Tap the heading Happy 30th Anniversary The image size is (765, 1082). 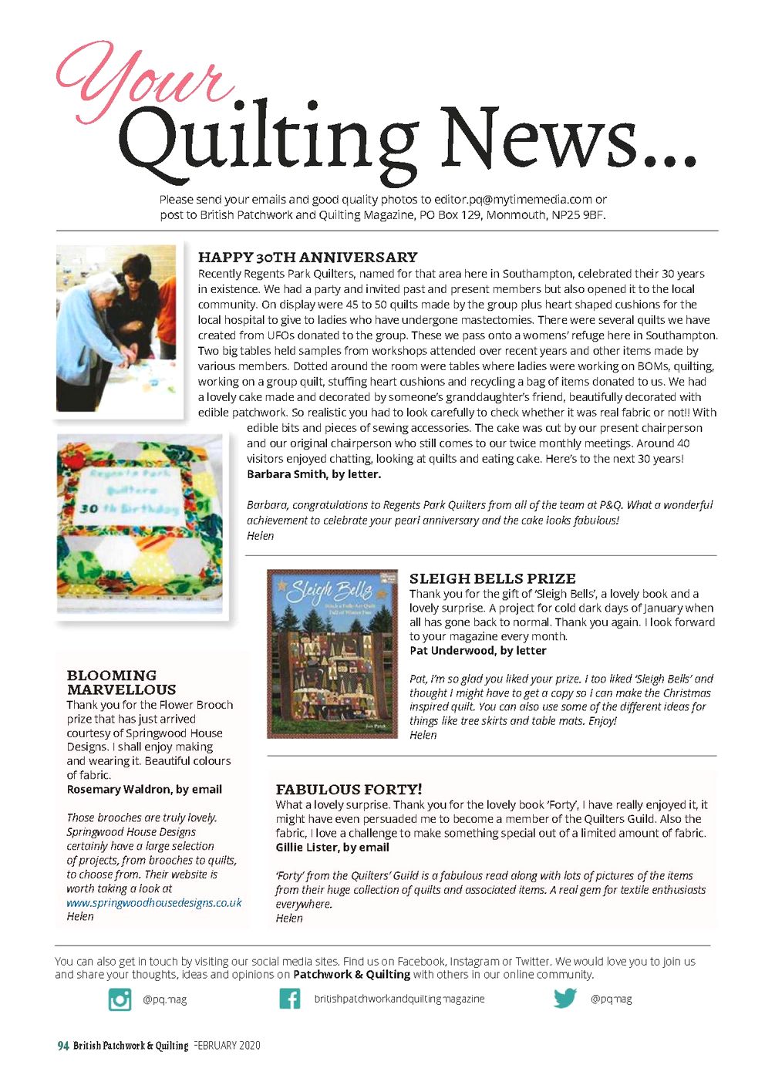(x=308, y=257)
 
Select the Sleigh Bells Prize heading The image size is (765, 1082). (x=492, y=578)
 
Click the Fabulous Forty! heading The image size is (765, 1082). (x=349, y=789)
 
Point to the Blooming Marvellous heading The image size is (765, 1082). (x=121, y=682)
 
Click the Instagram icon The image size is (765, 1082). (x=120, y=999)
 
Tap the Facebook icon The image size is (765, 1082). (x=289, y=999)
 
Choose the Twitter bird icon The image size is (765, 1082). (x=564, y=998)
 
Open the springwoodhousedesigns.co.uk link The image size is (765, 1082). (x=153, y=902)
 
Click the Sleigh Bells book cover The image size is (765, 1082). (x=332, y=654)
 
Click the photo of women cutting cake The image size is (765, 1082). (x=117, y=329)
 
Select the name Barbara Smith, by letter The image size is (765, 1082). (x=313, y=474)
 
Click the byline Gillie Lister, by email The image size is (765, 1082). (x=332, y=847)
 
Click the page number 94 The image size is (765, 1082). (x=63, y=1046)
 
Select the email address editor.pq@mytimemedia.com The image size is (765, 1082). (x=513, y=199)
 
